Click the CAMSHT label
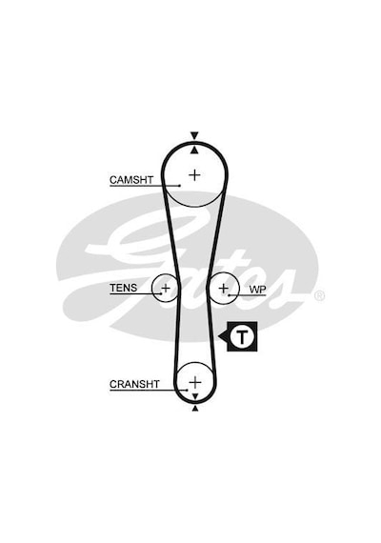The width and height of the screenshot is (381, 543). click(131, 180)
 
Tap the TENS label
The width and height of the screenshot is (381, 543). click(123, 288)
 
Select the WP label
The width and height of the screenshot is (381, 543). click(258, 290)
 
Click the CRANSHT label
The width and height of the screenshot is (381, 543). click(134, 384)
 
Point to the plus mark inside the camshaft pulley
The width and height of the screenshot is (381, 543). click(194, 175)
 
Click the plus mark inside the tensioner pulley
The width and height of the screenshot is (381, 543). click(166, 288)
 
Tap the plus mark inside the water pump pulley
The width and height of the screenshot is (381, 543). click(224, 288)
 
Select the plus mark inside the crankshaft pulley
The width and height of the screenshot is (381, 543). click(195, 382)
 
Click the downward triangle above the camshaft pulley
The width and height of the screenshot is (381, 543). click(194, 135)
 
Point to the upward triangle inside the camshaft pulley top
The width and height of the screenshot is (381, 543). click(194, 150)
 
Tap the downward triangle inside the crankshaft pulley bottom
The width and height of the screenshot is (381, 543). click(195, 396)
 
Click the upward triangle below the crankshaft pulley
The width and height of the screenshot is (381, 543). click(195, 409)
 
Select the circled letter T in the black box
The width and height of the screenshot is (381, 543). click(242, 336)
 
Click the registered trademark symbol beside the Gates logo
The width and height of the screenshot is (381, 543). click(319, 295)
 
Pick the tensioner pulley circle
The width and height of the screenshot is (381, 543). click(151, 288)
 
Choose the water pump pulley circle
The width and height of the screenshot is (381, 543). click(239, 288)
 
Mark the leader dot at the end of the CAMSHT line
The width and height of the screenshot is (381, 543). click(179, 186)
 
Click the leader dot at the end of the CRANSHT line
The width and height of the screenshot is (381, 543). click(187, 390)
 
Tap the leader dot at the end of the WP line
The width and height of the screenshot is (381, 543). click(229, 295)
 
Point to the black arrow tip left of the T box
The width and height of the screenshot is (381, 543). click(218, 336)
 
